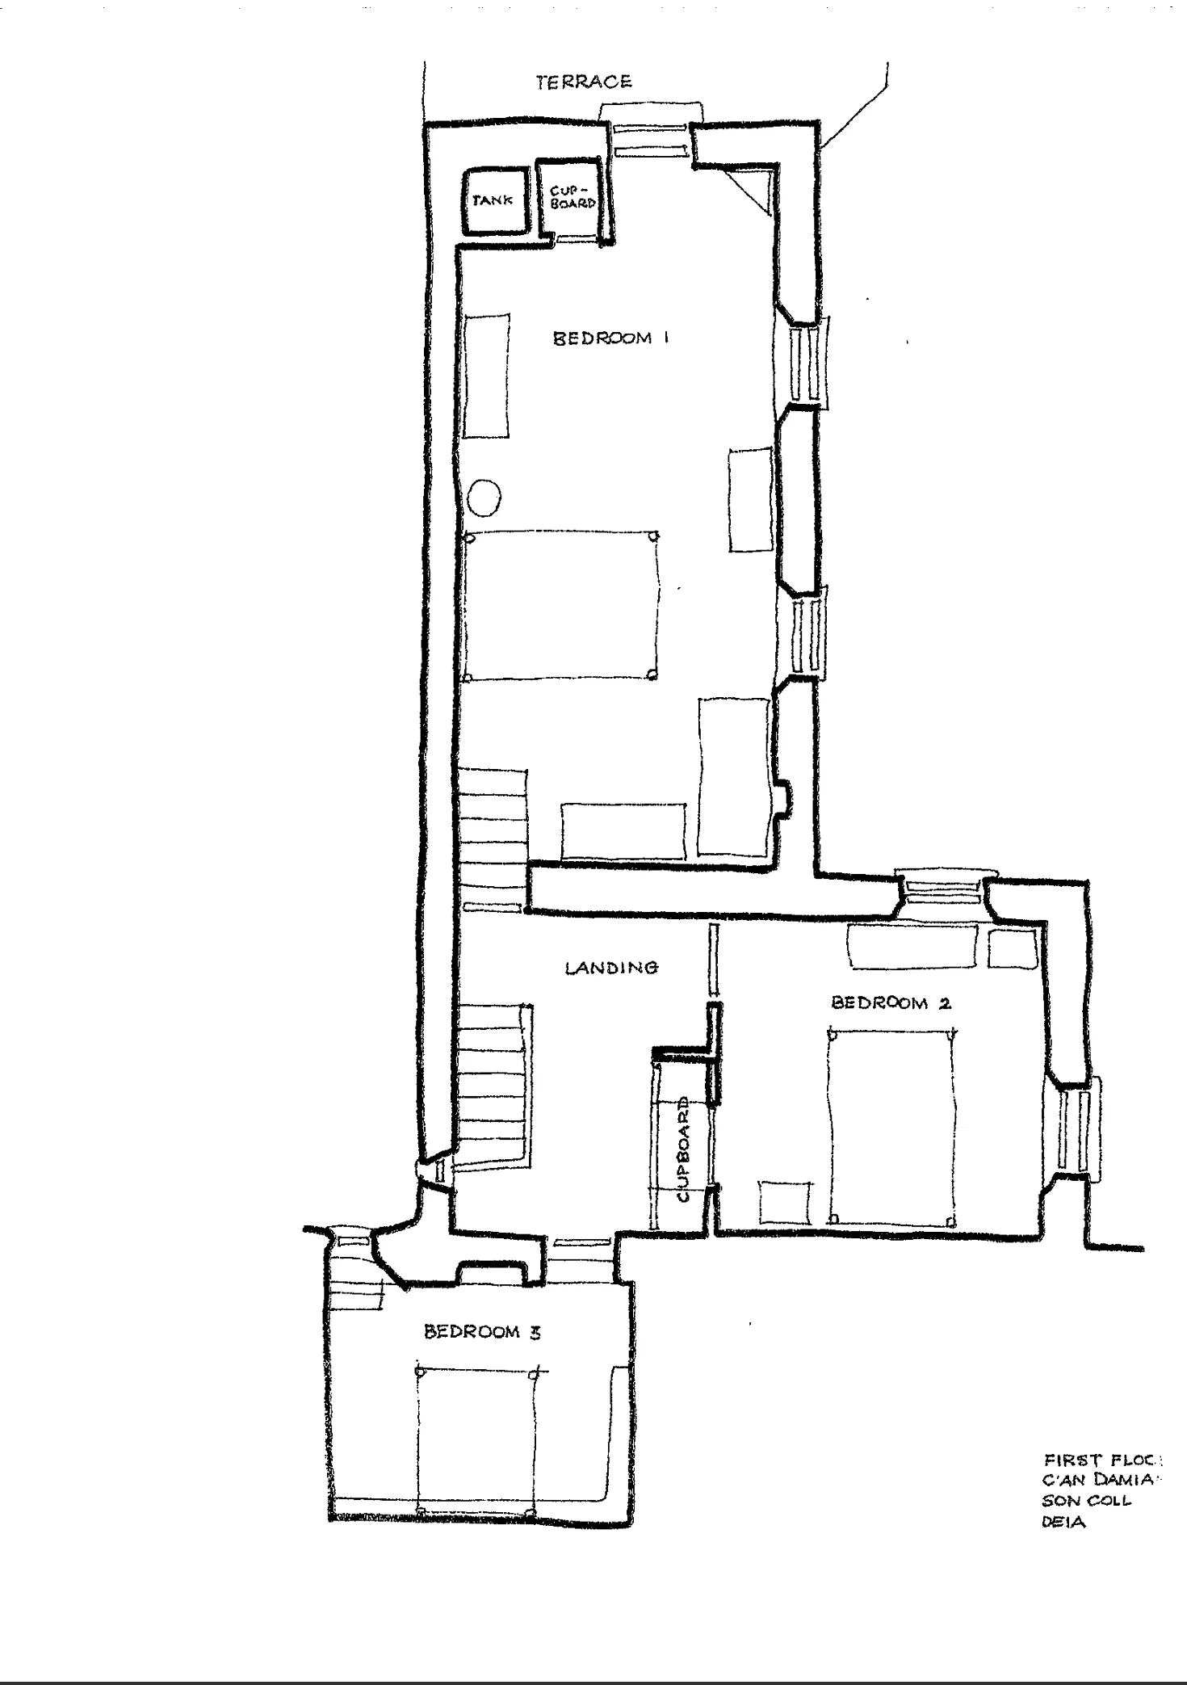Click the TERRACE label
click(x=584, y=82)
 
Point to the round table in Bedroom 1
click(x=484, y=497)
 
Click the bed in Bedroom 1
click(x=561, y=606)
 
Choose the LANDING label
click(x=611, y=967)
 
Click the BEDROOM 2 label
click(x=891, y=1002)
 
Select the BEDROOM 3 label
click(x=482, y=1332)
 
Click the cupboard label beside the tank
click(x=573, y=198)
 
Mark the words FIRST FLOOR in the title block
click(x=1101, y=1460)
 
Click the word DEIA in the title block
click(x=1063, y=1523)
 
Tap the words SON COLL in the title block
click(x=1086, y=1502)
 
